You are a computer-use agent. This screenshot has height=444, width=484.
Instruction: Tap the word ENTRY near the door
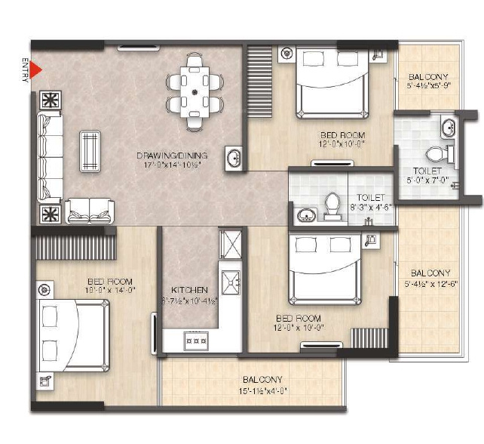[25, 70]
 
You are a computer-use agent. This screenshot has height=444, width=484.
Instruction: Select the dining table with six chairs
[196, 91]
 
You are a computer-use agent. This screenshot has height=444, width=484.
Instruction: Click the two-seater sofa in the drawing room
[90, 211]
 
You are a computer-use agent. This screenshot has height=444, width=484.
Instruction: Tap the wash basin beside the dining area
[233, 159]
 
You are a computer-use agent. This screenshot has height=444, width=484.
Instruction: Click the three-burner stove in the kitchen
[196, 341]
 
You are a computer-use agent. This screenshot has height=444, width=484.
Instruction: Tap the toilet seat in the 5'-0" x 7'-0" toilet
[436, 156]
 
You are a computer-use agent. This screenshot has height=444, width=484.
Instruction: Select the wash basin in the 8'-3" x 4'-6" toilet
[306, 215]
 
